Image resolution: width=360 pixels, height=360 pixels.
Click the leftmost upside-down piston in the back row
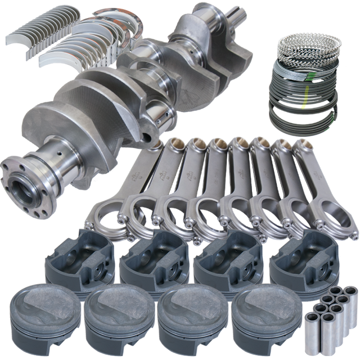click(x=76, y=253)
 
